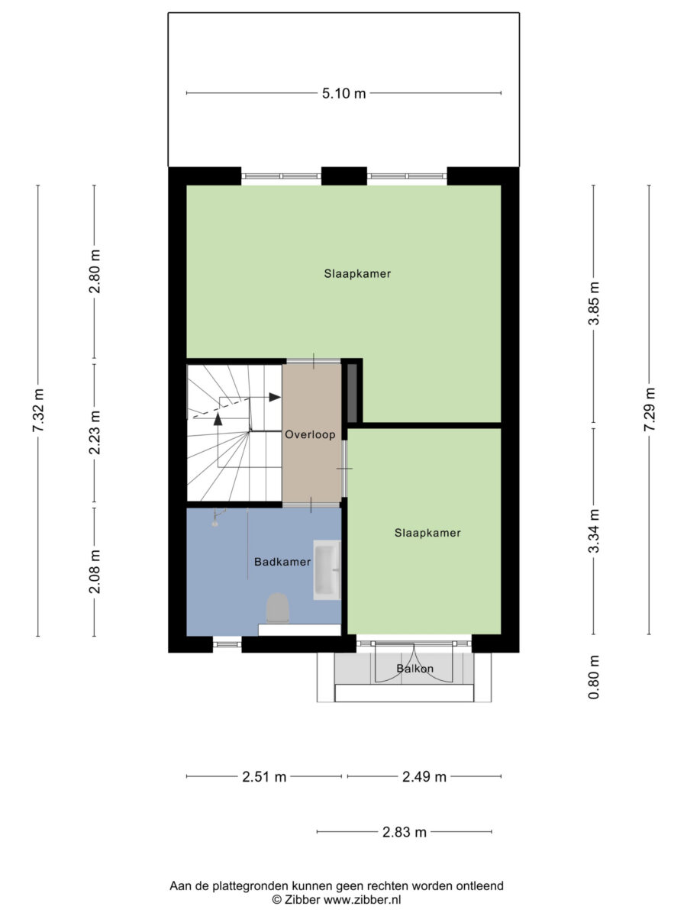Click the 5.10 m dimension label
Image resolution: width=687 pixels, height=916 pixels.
(x=343, y=93)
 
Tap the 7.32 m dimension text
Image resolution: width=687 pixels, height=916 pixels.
(x=38, y=410)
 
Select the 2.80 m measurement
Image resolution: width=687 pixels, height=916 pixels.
(x=94, y=271)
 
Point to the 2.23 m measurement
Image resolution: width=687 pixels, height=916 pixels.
(x=94, y=432)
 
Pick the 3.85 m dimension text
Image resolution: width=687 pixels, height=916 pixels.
(x=593, y=303)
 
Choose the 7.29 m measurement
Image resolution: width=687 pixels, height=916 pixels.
(x=649, y=409)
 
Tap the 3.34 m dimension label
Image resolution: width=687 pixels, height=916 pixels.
(x=593, y=531)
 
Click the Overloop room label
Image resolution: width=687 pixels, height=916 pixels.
(x=310, y=435)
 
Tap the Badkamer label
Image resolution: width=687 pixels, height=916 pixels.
(x=282, y=562)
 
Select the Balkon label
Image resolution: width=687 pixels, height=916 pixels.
(x=414, y=669)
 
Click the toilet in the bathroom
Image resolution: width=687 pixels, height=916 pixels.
(x=277, y=608)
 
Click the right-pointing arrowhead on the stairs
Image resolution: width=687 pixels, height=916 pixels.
(x=275, y=397)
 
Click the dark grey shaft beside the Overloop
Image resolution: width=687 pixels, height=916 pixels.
(x=353, y=393)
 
